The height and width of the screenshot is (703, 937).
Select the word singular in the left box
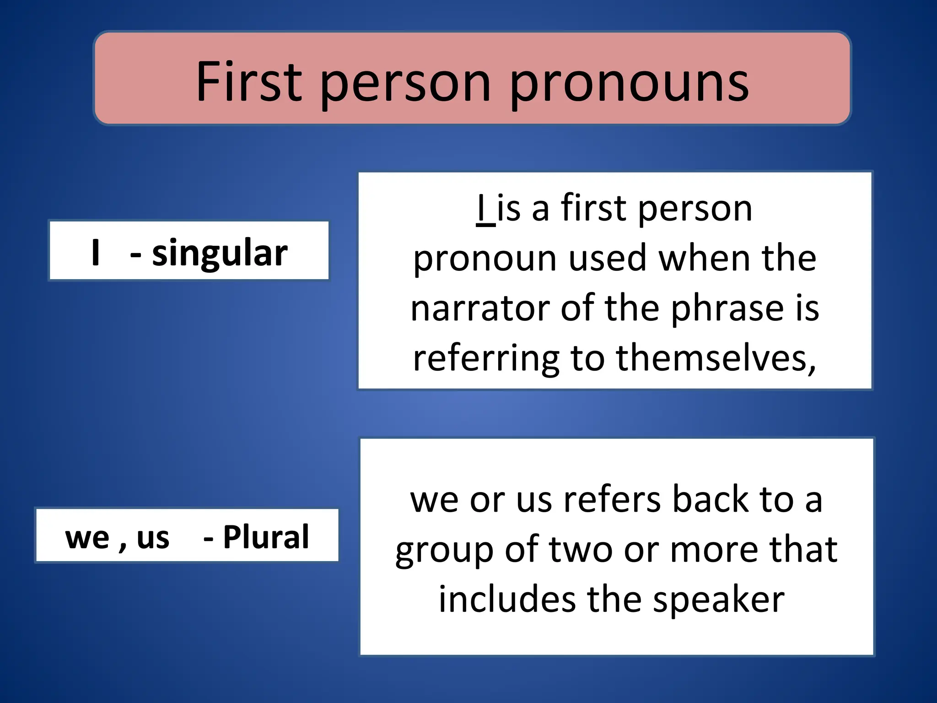(220, 253)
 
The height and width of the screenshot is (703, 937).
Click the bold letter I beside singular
(95, 253)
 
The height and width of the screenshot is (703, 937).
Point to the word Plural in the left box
(266, 536)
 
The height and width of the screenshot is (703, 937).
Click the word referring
(486, 359)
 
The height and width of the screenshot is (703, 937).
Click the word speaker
(718, 600)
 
